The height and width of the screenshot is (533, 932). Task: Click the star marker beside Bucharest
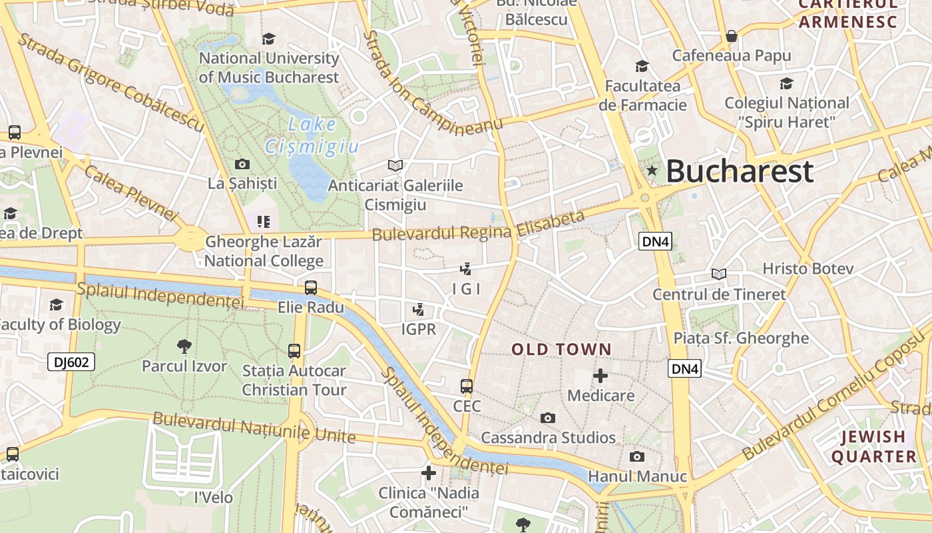(x=652, y=171)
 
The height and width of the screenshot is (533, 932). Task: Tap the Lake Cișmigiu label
(x=312, y=135)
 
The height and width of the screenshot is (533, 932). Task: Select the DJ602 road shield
(x=71, y=362)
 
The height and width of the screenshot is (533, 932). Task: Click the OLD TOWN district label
(x=561, y=349)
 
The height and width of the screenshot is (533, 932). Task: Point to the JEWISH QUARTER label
(x=873, y=446)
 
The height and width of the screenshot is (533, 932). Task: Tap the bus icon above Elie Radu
(x=311, y=288)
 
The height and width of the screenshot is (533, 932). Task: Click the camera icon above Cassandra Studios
(x=548, y=418)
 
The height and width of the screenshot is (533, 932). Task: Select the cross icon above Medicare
(x=600, y=376)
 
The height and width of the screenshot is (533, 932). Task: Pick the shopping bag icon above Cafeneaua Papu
(x=732, y=36)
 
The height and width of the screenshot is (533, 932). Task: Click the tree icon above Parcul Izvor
(x=184, y=346)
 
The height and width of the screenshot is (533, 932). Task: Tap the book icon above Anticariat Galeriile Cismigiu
(x=395, y=165)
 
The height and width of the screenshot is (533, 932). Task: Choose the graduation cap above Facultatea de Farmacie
(x=642, y=66)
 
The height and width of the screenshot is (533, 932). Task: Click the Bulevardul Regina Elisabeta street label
(x=478, y=227)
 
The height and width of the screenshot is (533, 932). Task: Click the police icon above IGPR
(x=419, y=309)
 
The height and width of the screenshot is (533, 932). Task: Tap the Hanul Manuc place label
(x=637, y=476)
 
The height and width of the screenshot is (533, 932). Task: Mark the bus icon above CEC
(x=467, y=386)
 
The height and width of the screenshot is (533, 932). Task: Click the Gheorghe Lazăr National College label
(x=264, y=251)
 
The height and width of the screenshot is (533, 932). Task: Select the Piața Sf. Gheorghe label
(x=741, y=338)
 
